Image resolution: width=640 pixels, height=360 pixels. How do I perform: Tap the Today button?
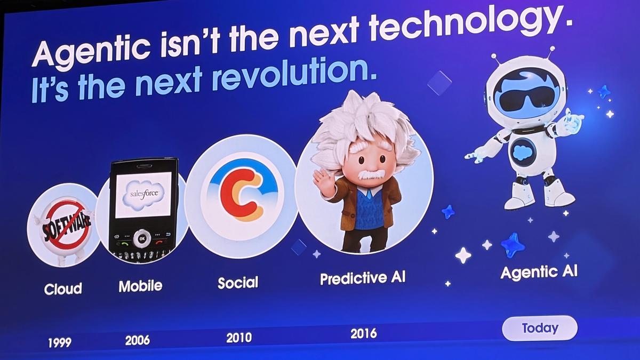pyautogui.click(x=540, y=328)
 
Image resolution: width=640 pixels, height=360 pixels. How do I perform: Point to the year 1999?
pyautogui.click(x=59, y=342)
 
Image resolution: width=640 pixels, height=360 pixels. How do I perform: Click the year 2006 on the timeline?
pyautogui.click(x=137, y=340)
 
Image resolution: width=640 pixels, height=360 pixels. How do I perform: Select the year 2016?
pyautogui.click(x=363, y=334)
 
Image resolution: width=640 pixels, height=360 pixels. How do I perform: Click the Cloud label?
pyautogui.click(x=63, y=289)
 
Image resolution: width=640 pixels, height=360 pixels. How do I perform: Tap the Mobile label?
pyautogui.click(x=140, y=286)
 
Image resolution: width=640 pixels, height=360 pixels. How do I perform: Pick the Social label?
pyautogui.click(x=238, y=283)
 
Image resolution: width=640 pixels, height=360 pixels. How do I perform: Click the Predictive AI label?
pyautogui.click(x=363, y=278)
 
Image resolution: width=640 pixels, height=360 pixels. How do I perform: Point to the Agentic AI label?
pyautogui.click(x=539, y=273)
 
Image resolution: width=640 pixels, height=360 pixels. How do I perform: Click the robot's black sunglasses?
pyautogui.click(x=526, y=100)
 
